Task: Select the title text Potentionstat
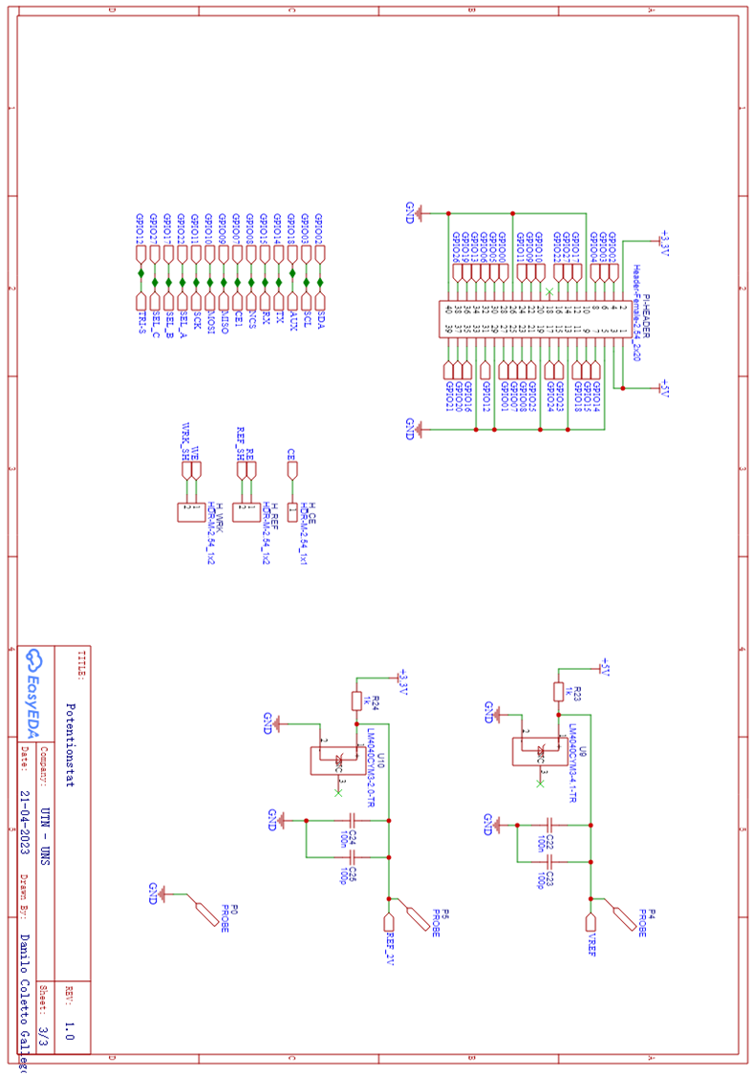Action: (x=69, y=744)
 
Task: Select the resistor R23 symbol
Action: (x=558, y=691)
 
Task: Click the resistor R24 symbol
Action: (x=356, y=700)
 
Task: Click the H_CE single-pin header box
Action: (x=291, y=513)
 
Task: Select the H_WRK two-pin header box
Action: (x=190, y=513)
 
